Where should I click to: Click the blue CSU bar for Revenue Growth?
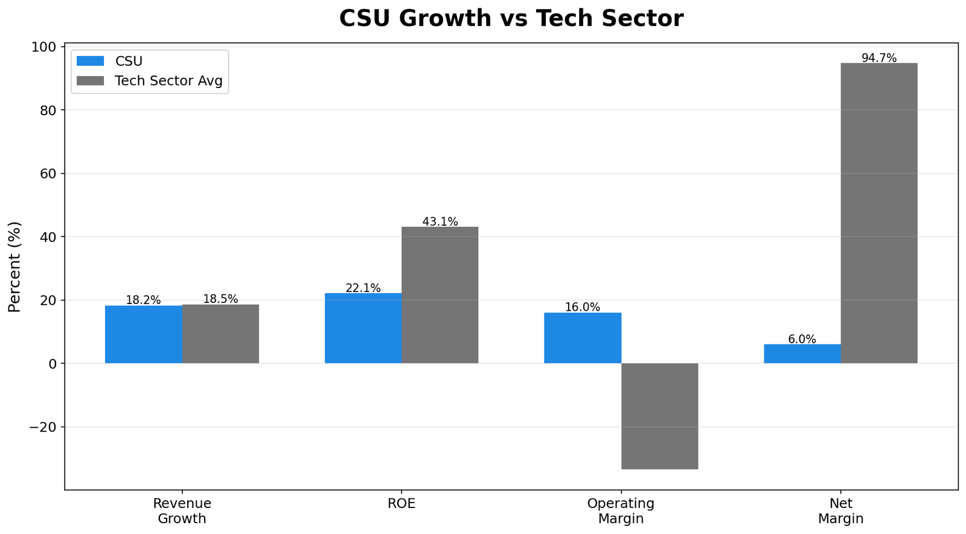click(x=144, y=334)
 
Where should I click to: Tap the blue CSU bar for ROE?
click(x=363, y=328)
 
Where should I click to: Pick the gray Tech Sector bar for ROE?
click(x=440, y=295)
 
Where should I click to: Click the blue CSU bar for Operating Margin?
click(x=583, y=338)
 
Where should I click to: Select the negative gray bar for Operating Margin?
click(x=659, y=416)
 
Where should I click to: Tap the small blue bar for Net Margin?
click(x=802, y=354)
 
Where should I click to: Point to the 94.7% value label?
click(x=878, y=58)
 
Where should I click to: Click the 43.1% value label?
click(x=440, y=221)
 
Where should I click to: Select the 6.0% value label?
click(x=802, y=339)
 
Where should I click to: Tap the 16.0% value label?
click(x=583, y=307)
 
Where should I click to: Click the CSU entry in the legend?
click(x=128, y=61)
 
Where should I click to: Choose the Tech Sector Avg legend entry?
click(x=168, y=81)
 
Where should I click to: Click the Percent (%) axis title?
click(x=14, y=267)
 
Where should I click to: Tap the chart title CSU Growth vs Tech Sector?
click(x=511, y=18)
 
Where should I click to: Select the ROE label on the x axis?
click(x=401, y=504)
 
